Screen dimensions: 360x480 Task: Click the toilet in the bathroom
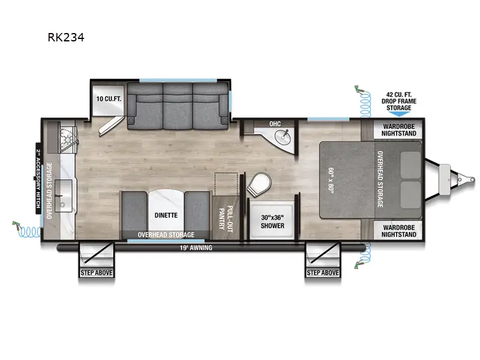(x=259, y=183)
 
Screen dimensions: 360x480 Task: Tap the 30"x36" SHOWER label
(x=273, y=221)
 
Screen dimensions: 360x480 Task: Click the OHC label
(x=275, y=124)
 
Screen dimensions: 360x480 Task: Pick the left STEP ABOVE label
(x=96, y=272)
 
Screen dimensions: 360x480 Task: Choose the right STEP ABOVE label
(x=323, y=272)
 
